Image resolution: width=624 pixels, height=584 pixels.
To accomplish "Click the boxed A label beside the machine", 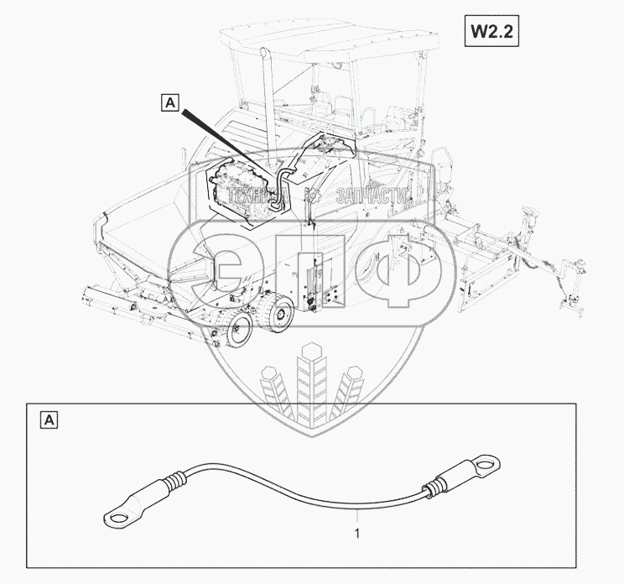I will tap(170, 103).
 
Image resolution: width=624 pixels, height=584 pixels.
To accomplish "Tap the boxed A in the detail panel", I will tap(49, 419).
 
